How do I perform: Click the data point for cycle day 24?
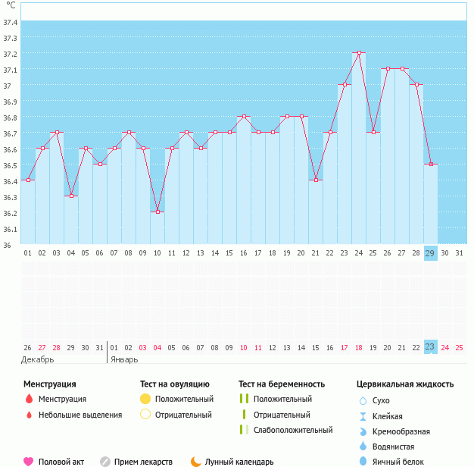[x=358, y=53]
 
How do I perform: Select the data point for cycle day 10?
[x=157, y=212]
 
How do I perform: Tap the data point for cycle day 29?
[x=430, y=165]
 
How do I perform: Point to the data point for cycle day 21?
[x=315, y=180]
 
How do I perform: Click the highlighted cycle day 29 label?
[x=430, y=253]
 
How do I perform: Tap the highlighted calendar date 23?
[x=430, y=347]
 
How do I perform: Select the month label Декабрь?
[x=38, y=359]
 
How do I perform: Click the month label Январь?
[x=124, y=359]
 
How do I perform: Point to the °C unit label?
[x=10, y=5]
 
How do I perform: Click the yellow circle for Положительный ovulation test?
[x=145, y=399]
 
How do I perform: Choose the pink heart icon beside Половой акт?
[x=29, y=461]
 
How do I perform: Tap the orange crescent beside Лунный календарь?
[x=196, y=461]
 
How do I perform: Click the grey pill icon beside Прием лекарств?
[x=105, y=461]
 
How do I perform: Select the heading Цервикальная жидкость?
[x=405, y=384]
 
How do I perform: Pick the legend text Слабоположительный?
[x=293, y=430]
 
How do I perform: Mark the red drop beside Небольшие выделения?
[x=29, y=415]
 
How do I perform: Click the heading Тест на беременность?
[x=281, y=384]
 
